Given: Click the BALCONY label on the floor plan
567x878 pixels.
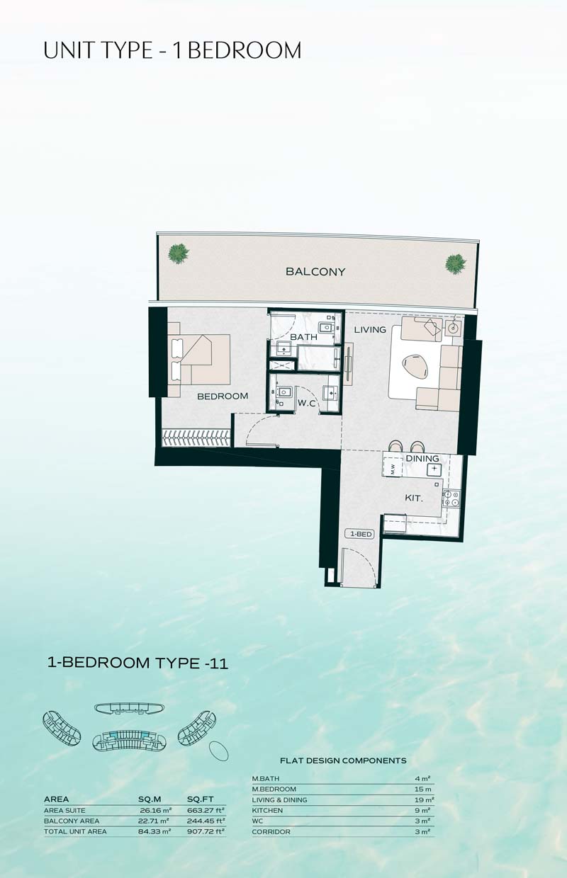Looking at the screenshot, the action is [x=315, y=272].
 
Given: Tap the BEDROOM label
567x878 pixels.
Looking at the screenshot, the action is [x=223, y=397].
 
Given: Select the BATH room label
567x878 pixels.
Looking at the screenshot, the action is [x=304, y=337].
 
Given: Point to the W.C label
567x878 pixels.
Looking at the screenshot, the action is [x=307, y=403].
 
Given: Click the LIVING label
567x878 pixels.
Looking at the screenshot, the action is [x=370, y=330].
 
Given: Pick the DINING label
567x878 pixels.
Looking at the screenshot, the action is [x=422, y=458].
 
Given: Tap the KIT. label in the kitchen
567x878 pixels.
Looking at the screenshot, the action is [x=414, y=498].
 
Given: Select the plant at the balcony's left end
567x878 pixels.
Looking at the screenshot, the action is [x=179, y=253].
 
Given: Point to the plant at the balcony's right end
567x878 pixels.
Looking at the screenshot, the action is [x=456, y=264].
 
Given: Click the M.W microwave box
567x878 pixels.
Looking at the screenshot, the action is [x=393, y=469].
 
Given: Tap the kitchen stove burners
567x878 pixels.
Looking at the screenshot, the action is [x=451, y=498].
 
